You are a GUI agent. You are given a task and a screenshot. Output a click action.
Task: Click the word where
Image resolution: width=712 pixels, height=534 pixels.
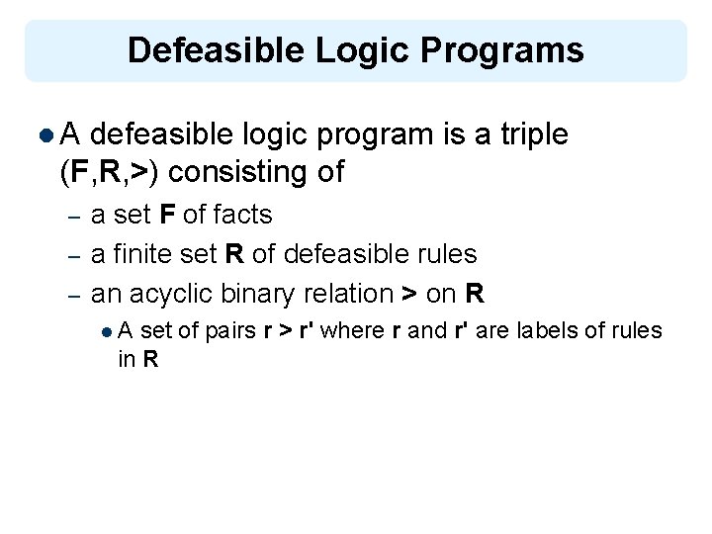352,330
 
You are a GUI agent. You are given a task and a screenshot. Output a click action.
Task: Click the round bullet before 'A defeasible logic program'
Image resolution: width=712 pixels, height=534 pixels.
48,135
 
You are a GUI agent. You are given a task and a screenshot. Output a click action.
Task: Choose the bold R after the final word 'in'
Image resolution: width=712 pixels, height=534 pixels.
150,360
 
